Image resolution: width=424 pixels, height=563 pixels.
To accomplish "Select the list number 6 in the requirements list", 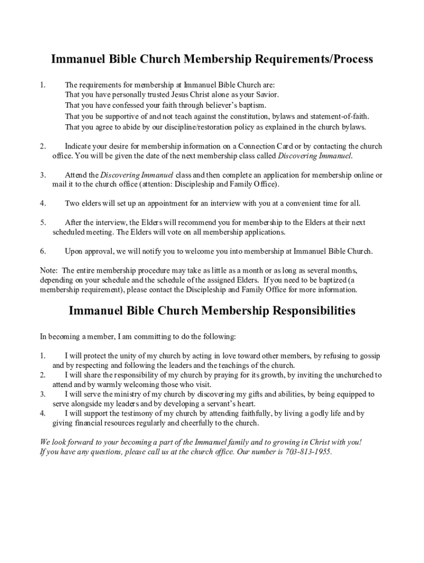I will pos(42,251).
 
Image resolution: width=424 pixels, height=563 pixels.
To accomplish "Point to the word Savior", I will pos(266,95).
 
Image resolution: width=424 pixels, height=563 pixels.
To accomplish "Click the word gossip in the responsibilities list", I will pos(368,356).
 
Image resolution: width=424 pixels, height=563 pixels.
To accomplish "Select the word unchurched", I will pos(351,375).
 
